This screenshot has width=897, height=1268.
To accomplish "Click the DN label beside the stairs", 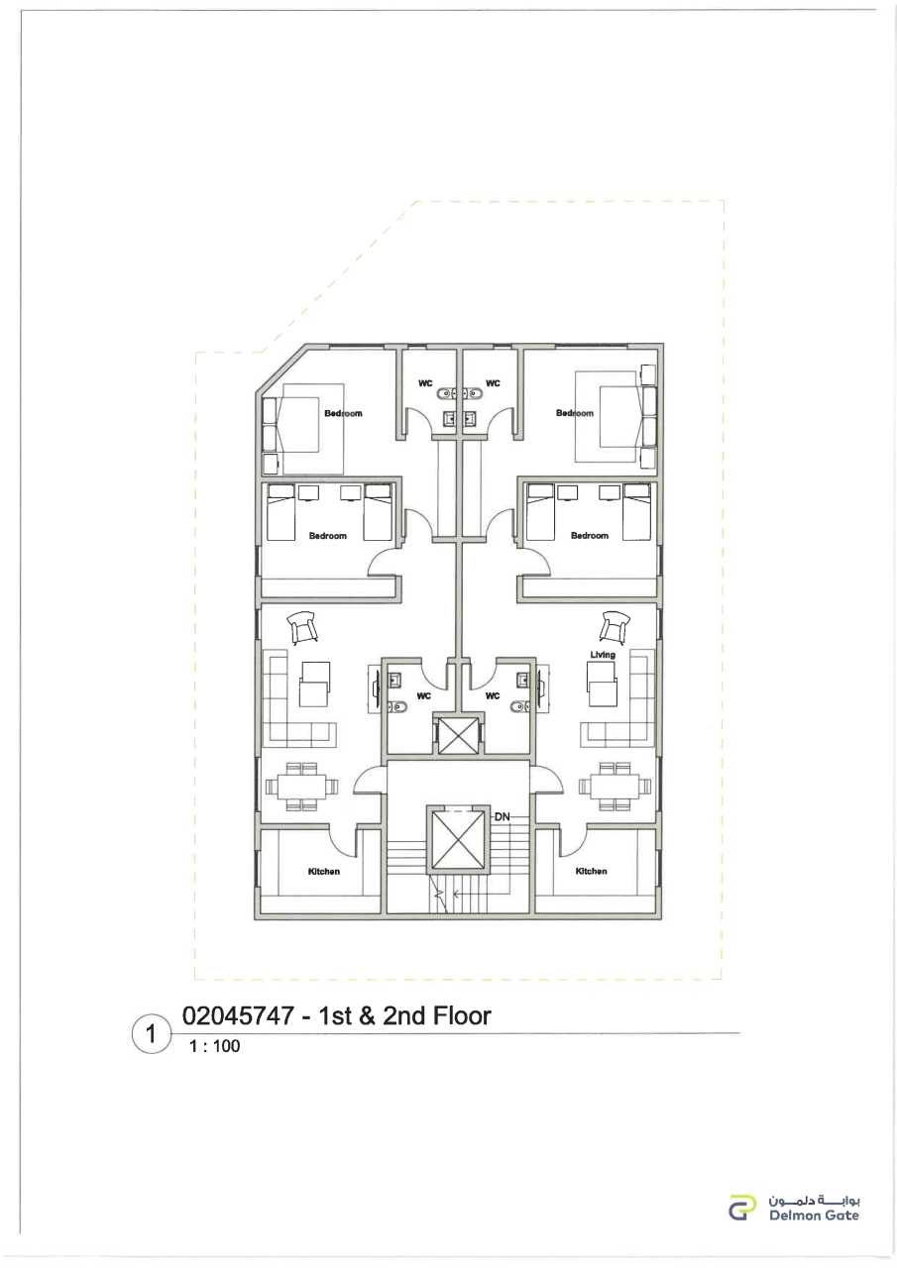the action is [502, 817].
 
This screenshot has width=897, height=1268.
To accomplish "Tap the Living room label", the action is [603, 655].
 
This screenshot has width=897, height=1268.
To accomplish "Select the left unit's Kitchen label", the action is [324, 871].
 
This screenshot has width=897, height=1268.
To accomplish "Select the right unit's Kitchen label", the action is [591, 871].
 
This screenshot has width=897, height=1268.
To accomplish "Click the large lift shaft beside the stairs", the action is [458, 840].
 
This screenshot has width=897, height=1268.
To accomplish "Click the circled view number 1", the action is [151, 1034].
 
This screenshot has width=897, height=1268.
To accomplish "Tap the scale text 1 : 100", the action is [215, 1046].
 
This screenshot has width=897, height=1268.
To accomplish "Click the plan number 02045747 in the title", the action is [238, 1016].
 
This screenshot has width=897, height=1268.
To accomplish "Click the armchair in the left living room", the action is [303, 628].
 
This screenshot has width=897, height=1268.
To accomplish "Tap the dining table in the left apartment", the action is [302, 787].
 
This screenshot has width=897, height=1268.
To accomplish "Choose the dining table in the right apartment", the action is [615, 787].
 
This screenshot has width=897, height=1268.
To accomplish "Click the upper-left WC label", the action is [425, 383].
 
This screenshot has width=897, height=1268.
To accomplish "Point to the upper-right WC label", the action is [493, 383].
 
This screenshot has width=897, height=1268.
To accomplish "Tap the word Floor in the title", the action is [462, 1016].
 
